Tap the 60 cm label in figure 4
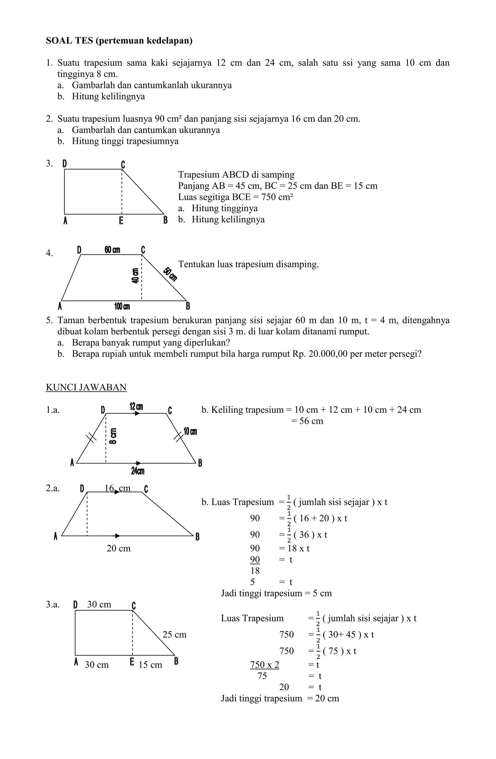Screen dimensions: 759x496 click(x=112, y=250)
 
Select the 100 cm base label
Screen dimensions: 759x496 click(x=122, y=307)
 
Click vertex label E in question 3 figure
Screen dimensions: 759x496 click(x=121, y=220)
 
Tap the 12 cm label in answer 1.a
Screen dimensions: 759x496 click(x=136, y=407)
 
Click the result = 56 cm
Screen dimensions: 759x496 click(x=307, y=421)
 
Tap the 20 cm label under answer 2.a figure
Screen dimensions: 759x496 click(x=118, y=549)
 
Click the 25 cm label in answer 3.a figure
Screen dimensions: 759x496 click(x=174, y=635)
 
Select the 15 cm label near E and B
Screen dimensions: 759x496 click(x=150, y=665)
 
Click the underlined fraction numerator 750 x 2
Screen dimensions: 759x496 click(x=264, y=665)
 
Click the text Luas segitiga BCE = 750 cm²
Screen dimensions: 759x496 click(x=235, y=197)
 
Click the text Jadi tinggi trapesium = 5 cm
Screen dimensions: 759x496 click(x=276, y=593)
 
